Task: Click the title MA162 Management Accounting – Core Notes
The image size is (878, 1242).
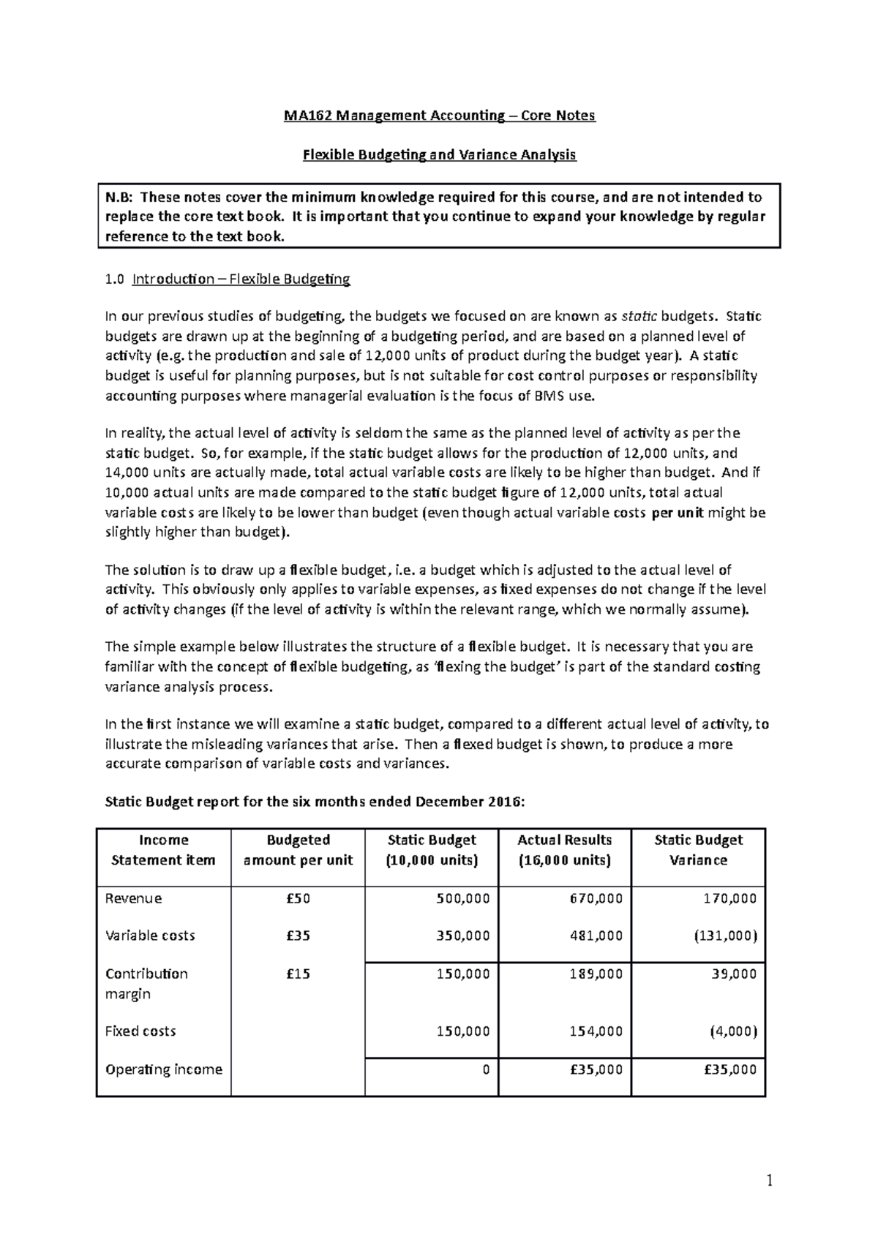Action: [440, 116]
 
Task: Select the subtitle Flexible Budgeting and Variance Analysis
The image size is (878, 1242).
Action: [440, 155]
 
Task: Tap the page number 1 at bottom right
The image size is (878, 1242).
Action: [769, 1180]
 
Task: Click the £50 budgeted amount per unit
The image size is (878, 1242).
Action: [298, 898]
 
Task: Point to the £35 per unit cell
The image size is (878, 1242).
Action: [298, 936]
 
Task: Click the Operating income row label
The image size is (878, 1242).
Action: [164, 1069]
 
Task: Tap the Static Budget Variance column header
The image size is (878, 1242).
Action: [698, 850]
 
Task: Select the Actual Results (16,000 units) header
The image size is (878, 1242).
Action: [564, 850]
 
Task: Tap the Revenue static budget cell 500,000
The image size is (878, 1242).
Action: [462, 898]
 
